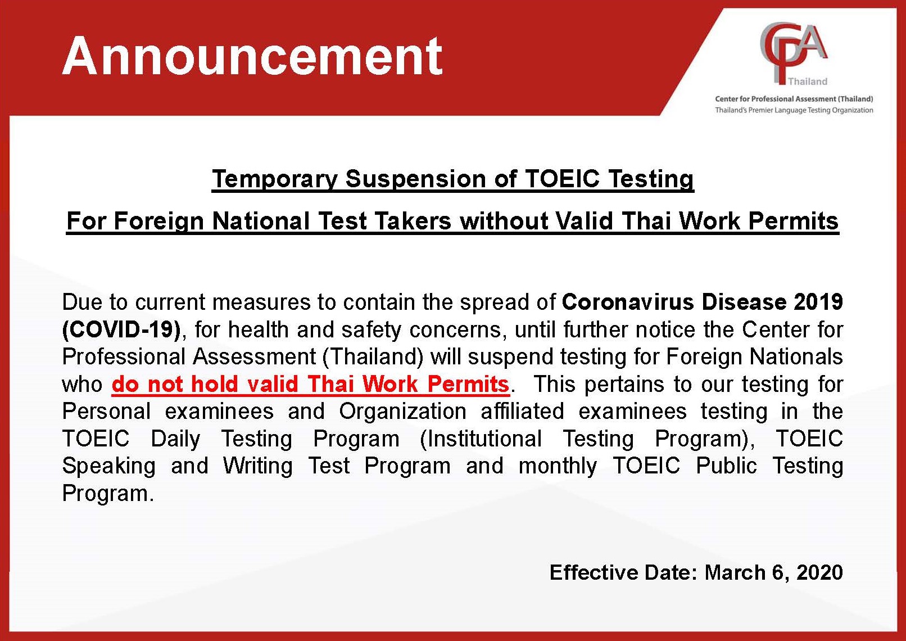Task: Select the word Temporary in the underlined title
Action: tap(275, 179)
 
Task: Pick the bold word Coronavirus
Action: tap(628, 302)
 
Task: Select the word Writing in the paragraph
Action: tap(258, 466)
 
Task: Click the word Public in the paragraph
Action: tap(726, 466)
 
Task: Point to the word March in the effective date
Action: tap(735, 573)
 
